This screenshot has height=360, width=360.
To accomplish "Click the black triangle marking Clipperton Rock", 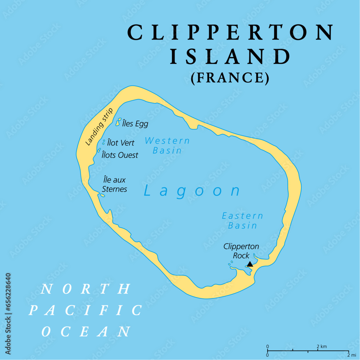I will (x=250, y=264).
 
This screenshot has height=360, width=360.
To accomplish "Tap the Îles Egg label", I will (x=135, y=124).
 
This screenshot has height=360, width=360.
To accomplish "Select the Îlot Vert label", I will (x=121, y=143).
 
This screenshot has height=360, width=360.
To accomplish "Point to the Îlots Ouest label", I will (x=120, y=155).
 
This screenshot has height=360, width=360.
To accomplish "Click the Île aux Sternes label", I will (x=114, y=184).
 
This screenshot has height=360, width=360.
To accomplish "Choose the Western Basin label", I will (x=167, y=145).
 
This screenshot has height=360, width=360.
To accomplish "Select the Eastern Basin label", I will (x=242, y=221).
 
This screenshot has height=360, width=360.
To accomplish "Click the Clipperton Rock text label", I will (x=241, y=251).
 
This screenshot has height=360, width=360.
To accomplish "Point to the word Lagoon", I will (x=192, y=190).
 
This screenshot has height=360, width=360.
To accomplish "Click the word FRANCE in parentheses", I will (x=230, y=78).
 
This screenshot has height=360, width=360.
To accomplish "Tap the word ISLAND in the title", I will (x=230, y=57).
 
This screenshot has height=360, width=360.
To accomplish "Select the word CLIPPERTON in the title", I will (x=230, y=33).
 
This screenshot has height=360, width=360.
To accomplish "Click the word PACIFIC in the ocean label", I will (x=85, y=310).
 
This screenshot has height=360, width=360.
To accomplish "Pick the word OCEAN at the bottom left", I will (x=86, y=331).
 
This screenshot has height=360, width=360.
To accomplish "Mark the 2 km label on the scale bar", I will (x=321, y=347).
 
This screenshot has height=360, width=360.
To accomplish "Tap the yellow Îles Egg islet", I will (x=118, y=122).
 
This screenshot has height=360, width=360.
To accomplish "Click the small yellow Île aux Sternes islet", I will (x=102, y=195).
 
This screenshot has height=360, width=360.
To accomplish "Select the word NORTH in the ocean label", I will (x=86, y=289).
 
